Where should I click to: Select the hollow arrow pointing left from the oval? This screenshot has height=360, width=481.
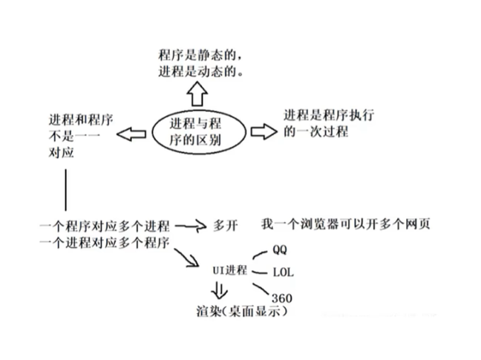[132, 134]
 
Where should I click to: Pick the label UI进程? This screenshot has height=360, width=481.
[229, 269]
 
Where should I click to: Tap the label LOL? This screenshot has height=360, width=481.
[283, 272]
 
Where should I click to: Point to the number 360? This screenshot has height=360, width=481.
[281, 297]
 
